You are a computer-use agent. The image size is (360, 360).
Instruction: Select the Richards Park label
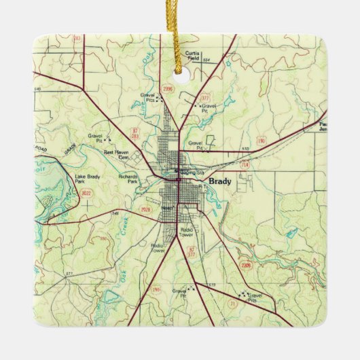pos(128,179)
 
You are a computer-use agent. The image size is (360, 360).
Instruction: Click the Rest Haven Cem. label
pos(117,155)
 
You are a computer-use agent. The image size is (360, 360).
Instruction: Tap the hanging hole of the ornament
pos(181,68)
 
